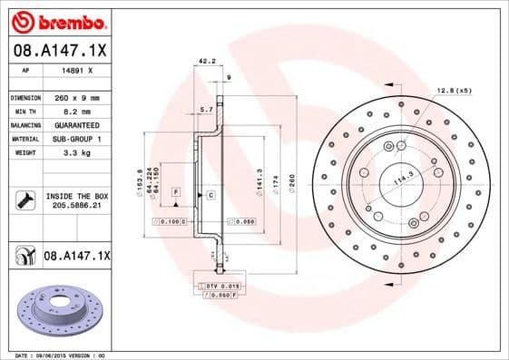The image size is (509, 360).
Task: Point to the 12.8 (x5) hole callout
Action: [455, 91]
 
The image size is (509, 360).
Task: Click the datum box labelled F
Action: [175, 192]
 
